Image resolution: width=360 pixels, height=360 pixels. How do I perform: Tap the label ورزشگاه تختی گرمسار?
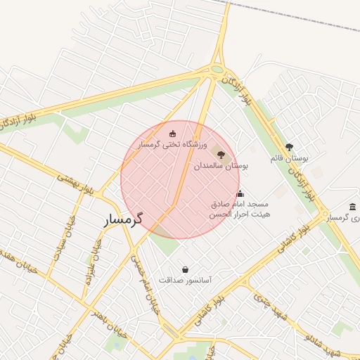click(x=167, y=144)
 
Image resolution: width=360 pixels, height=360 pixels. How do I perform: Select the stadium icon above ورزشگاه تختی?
click(x=172, y=133)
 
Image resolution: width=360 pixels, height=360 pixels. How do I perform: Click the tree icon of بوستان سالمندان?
click(x=220, y=153)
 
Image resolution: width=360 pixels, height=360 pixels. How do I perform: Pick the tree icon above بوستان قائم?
click(x=289, y=148)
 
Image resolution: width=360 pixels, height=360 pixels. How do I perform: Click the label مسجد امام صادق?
click(x=240, y=203)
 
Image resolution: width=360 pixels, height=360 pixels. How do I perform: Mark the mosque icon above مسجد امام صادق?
click(x=240, y=193)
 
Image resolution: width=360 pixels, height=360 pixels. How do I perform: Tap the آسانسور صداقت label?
click(x=186, y=279)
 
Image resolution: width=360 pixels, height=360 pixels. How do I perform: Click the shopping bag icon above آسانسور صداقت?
click(x=185, y=269)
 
